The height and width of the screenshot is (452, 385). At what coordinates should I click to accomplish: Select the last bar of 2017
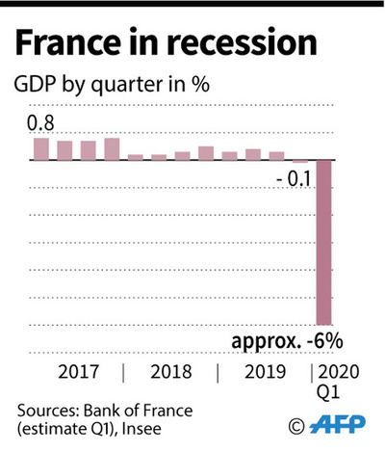[112, 148]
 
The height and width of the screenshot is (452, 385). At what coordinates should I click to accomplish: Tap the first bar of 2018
[136, 156]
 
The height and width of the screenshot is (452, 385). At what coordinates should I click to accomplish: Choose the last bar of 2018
[206, 152]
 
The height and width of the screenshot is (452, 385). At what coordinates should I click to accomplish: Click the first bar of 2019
[230, 155]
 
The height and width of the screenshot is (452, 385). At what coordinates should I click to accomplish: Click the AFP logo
[336, 424]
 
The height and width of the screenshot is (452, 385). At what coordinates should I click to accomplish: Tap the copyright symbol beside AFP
[296, 425]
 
